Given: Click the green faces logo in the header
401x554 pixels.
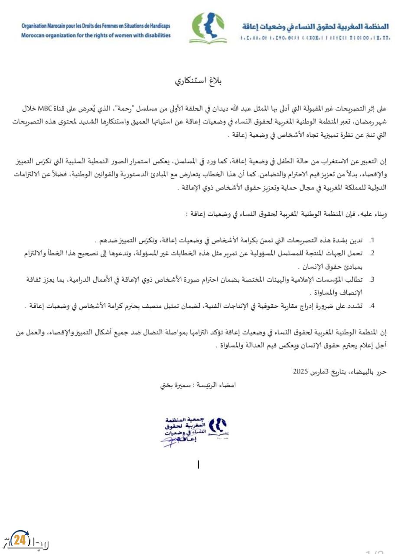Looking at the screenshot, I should (208, 28).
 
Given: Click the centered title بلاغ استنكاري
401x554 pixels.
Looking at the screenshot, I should (200, 81).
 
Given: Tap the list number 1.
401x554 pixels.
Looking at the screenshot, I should (371, 240).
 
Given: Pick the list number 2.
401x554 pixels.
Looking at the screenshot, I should (371, 253).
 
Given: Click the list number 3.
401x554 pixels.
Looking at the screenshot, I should (371, 280).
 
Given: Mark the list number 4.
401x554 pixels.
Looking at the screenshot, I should (371, 306).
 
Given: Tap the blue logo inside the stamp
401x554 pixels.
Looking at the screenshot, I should (218, 427).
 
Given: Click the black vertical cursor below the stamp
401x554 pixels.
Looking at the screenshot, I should (199, 464).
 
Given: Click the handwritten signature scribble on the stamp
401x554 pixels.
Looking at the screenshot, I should (173, 441).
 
